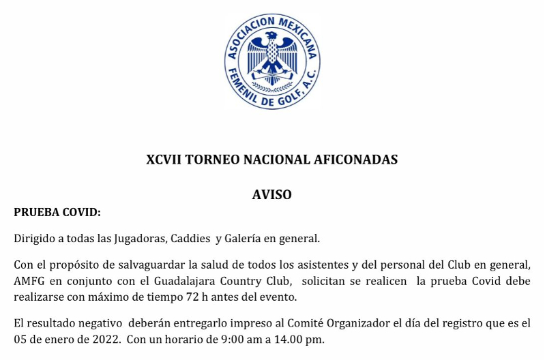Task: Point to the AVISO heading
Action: (271, 195)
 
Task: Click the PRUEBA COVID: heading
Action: (57, 213)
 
